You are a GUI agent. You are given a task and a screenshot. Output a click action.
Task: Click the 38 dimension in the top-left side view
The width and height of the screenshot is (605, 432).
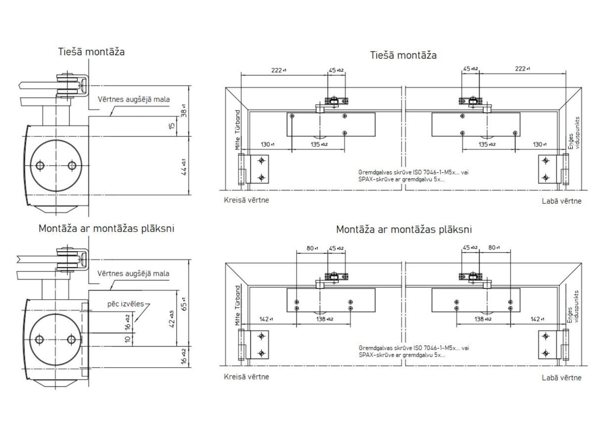183,112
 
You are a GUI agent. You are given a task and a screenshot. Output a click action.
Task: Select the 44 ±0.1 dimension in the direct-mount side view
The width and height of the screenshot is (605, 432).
184,167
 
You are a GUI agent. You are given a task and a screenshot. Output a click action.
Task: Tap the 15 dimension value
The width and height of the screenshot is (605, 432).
172,126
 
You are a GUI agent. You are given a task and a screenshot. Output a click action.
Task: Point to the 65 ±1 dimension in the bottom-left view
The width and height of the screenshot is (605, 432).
184,304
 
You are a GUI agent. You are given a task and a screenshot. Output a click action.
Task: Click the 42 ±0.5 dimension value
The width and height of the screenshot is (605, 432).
172,319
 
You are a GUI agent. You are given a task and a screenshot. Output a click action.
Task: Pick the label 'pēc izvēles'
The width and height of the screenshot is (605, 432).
126,304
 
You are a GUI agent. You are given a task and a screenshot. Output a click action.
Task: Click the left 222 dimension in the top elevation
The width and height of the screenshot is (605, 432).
278,70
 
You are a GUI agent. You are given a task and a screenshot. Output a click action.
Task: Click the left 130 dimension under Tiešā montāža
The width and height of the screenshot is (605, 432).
267,144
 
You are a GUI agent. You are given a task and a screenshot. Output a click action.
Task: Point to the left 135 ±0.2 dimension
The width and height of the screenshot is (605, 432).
319,144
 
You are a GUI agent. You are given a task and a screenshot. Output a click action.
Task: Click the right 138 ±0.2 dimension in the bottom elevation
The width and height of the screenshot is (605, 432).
483,319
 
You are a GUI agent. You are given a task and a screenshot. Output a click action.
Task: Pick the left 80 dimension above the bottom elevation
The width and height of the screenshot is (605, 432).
311,248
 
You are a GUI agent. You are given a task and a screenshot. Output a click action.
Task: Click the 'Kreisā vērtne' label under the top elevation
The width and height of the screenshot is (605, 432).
246,200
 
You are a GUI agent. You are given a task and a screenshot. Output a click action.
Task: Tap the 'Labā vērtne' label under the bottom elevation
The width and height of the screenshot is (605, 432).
561,378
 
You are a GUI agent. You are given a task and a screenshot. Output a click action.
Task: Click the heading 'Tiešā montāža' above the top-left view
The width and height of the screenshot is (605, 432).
91,52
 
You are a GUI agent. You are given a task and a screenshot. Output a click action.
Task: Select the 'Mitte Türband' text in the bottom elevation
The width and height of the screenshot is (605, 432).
237,306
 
